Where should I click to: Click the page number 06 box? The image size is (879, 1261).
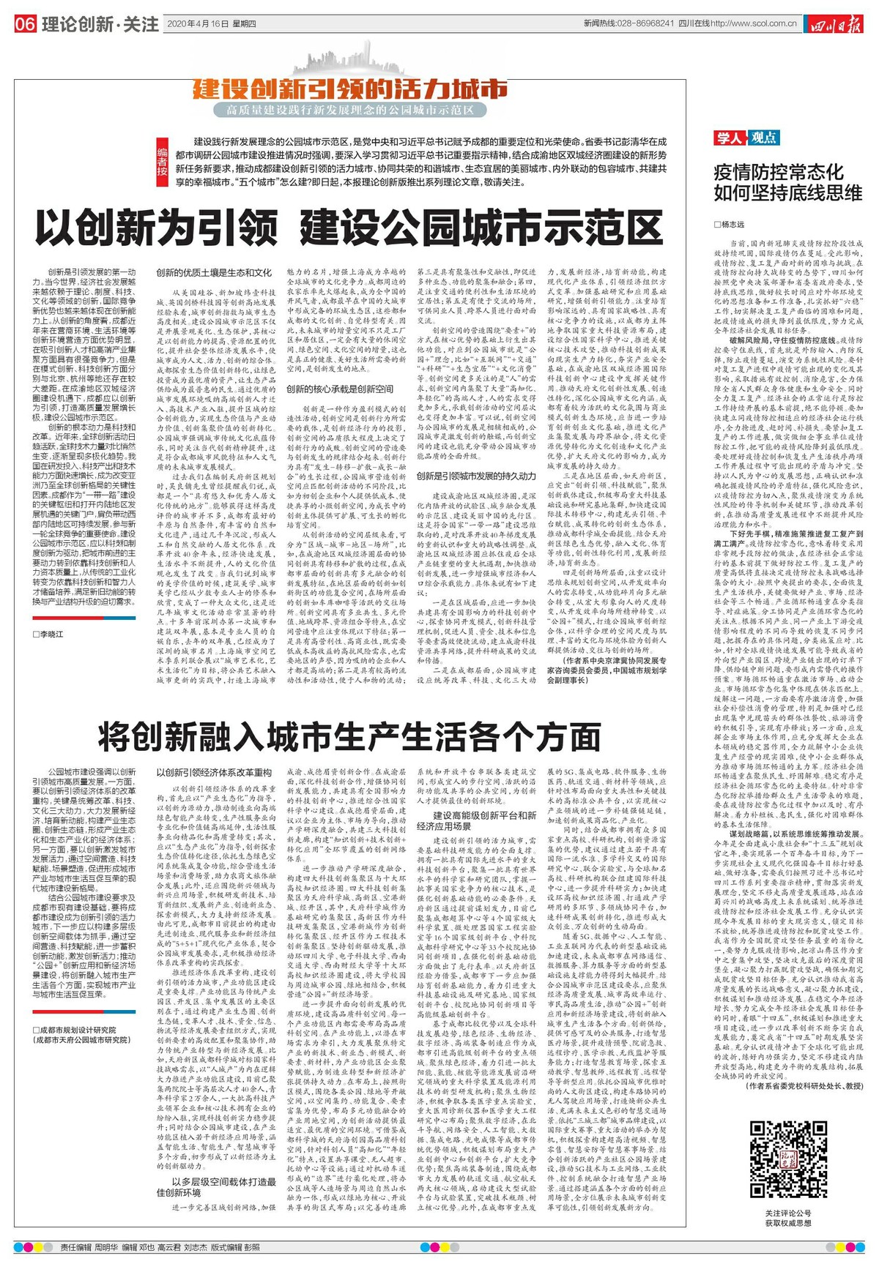(x=24, y=24)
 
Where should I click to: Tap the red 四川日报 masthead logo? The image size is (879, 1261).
(x=837, y=24)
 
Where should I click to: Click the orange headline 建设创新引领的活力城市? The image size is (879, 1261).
(x=350, y=89)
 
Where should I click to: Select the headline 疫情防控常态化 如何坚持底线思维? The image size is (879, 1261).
(x=787, y=183)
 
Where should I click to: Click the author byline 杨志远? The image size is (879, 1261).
(x=732, y=225)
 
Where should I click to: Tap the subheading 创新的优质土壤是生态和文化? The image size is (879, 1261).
(x=214, y=273)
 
